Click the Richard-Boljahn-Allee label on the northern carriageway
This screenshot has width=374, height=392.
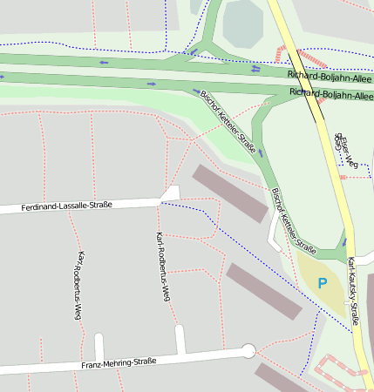click(x=330, y=76)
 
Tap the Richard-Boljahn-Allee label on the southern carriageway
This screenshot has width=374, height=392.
click(x=331, y=93)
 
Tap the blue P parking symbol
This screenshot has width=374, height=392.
click(x=323, y=283)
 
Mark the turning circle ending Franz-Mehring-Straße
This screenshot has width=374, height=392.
click(x=248, y=351)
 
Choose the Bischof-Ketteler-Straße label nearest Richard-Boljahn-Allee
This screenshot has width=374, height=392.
click(x=228, y=123)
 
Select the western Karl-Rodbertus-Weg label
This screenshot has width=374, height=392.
click(x=78, y=285)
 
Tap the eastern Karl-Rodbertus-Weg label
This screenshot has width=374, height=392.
click(x=160, y=267)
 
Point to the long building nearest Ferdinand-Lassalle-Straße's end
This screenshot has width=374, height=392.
click(x=229, y=193)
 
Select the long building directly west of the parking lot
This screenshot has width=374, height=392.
click(x=264, y=291)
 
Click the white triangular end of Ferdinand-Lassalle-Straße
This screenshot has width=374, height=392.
click(x=171, y=194)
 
